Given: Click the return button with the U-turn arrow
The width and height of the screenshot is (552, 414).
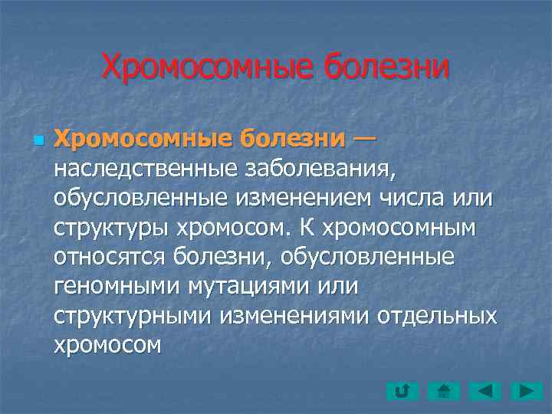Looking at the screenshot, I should [x=401, y=392].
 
